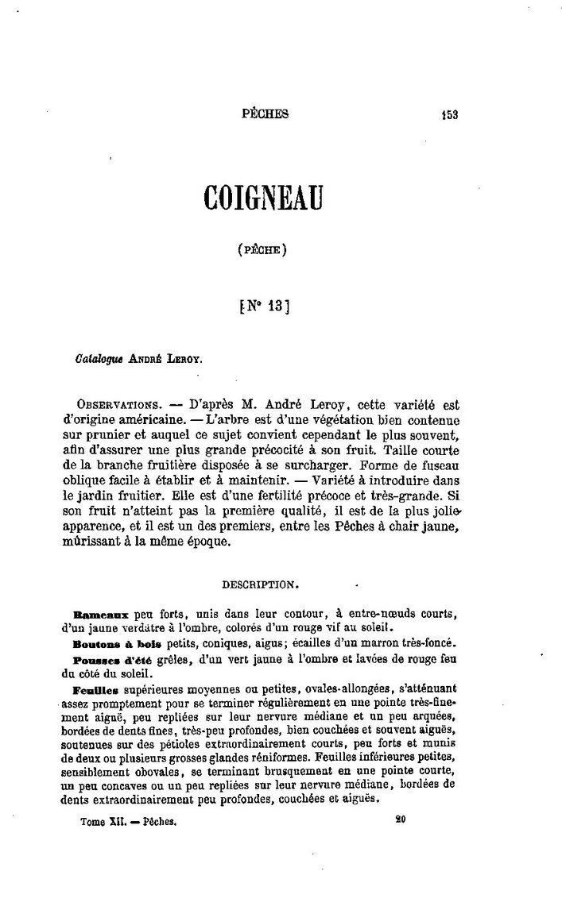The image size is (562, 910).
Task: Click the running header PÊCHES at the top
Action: pos(265,114)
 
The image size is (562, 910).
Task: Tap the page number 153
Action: pos(451,114)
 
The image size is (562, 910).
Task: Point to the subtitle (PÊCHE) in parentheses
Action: pos(262,250)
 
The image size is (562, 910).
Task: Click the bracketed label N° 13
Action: pos(263,306)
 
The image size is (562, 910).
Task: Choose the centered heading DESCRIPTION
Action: pos(261,584)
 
